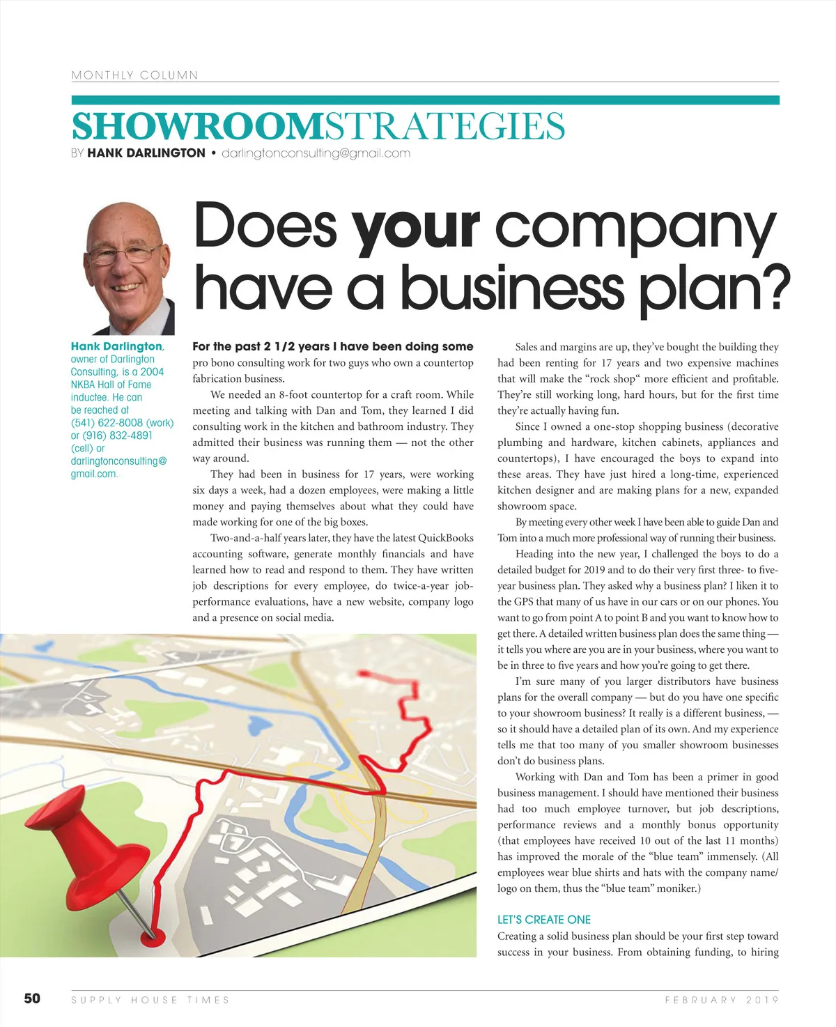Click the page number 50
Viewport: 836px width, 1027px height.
(32, 998)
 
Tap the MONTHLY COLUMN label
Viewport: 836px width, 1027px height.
(134, 75)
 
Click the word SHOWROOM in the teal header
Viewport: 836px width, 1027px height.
(198, 127)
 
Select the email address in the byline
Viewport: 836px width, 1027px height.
(316, 153)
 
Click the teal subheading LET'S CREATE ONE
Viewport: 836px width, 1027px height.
(544, 920)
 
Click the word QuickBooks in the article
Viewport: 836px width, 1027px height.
(445, 538)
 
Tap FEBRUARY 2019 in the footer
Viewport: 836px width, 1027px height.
(722, 1000)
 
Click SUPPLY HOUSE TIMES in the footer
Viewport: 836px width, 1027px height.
(150, 1000)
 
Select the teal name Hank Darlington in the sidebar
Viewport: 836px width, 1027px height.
(116, 346)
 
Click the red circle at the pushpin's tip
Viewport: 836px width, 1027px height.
(153, 936)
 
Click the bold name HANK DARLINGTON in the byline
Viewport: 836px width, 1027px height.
(146, 153)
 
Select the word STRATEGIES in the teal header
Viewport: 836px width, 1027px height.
(444, 127)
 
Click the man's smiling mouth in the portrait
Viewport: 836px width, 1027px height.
(128, 286)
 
